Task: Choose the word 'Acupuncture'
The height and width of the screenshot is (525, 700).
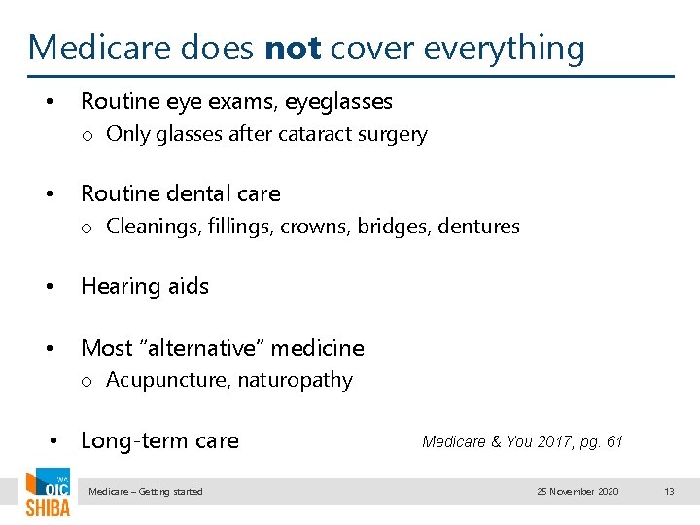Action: (163, 380)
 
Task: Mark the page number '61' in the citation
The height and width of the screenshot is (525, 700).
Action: (613, 441)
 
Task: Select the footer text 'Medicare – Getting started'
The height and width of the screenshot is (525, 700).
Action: (146, 492)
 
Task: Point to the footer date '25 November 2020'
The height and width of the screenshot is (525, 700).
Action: (577, 492)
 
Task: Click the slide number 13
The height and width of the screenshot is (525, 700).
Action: (669, 492)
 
